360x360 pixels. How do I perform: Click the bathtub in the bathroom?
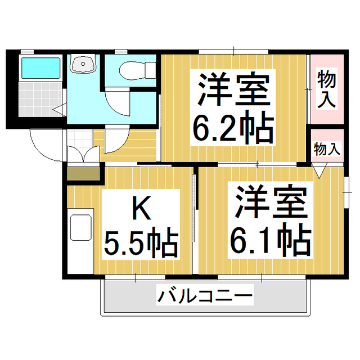(40, 68)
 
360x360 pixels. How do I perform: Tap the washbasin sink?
(83, 64)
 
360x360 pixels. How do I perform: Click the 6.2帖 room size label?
(233, 127)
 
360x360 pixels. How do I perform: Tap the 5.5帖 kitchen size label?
(141, 242)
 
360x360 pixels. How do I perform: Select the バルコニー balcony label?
(205, 295)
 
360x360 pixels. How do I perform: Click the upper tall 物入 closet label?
(326, 89)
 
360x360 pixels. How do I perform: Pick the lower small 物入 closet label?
(327, 149)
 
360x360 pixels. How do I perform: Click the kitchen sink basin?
(81, 227)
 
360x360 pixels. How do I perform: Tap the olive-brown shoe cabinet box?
(84, 174)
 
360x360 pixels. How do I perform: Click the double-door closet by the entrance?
(83, 154)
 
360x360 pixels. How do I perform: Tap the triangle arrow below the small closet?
(319, 170)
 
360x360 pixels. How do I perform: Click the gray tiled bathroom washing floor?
(40, 99)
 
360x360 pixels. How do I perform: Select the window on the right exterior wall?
(346, 192)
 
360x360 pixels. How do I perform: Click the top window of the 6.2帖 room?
(233, 52)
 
